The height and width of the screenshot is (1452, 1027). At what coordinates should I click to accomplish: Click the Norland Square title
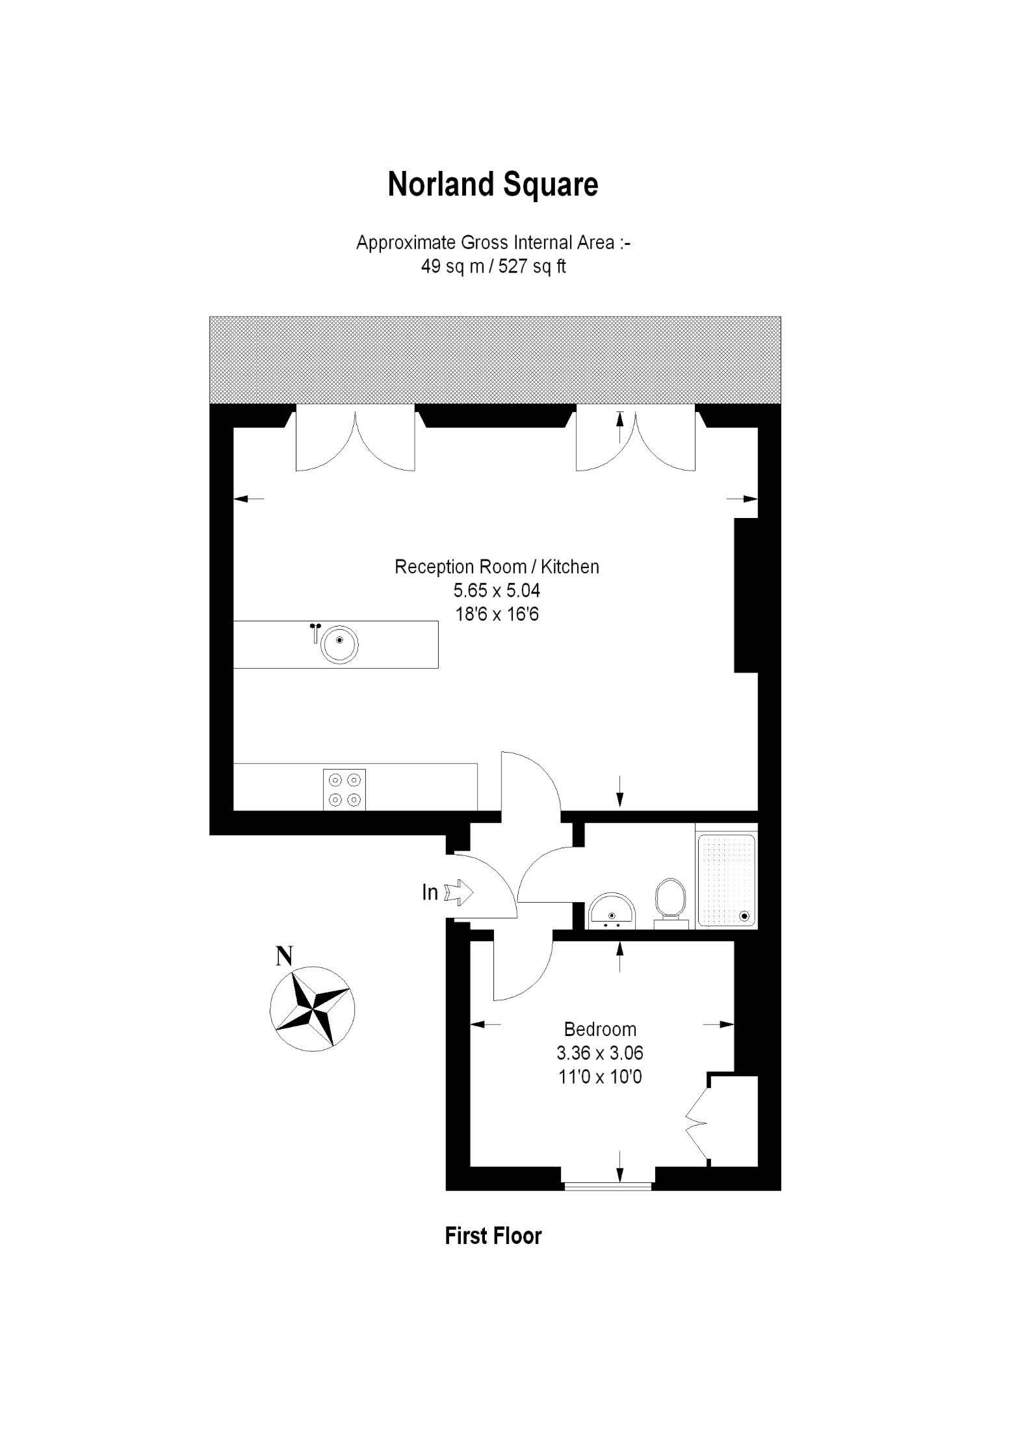(x=493, y=185)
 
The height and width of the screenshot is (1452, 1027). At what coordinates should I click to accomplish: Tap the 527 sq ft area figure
(x=532, y=266)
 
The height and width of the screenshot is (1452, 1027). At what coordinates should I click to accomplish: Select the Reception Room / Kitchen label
(x=497, y=567)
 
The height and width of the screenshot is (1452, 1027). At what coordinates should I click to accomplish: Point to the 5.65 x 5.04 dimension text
(x=497, y=591)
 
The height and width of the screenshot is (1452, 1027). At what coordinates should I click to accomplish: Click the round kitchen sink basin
(x=339, y=644)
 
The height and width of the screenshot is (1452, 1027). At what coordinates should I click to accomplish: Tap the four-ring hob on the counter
(x=344, y=790)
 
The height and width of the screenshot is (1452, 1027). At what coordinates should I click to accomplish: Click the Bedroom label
(x=600, y=1029)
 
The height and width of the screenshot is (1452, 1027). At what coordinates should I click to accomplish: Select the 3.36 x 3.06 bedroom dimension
(x=600, y=1053)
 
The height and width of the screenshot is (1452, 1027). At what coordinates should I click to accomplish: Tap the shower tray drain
(x=744, y=916)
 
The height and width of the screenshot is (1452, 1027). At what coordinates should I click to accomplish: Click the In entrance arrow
(x=459, y=892)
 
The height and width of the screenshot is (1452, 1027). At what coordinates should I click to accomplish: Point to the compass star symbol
(x=313, y=1009)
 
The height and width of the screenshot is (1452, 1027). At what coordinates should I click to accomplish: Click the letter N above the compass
(x=284, y=956)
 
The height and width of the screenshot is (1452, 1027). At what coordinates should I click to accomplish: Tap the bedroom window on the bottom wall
(x=608, y=1187)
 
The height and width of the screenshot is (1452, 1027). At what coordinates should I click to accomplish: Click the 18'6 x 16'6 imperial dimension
(x=497, y=614)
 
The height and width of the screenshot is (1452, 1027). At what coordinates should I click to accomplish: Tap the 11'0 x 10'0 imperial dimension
(x=600, y=1077)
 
